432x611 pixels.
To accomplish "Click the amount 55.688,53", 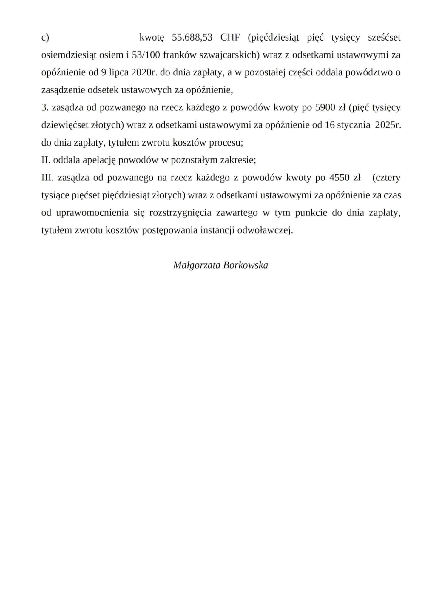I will pos(192,38).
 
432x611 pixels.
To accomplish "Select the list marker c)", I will pos(45,38).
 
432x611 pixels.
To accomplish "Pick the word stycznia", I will pos(354,125).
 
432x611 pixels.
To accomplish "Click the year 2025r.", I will pos(388,125).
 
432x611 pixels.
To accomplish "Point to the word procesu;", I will pos(228,143).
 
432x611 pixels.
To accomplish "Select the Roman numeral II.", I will pos(46,160).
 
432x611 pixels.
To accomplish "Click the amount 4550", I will pos(340,178).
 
